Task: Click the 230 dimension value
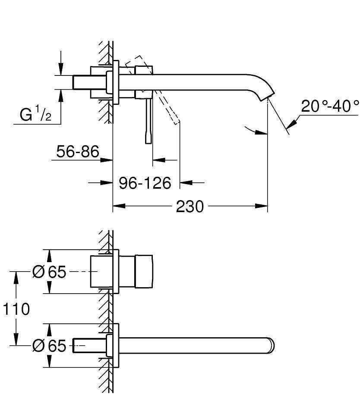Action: pyautogui.click(x=190, y=207)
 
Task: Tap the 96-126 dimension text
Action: pyautogui.click(x=145, y=183)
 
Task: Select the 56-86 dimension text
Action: pyautogui.click(x=78, y=151)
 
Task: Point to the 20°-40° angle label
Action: pyautogui.click(x=330, y=106)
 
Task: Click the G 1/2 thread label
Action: pyautogui.click(x=35, y=114)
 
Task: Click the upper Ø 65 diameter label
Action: pyautogui.click(x=49, y=272)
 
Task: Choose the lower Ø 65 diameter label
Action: pyautogui.click(x=49, y=346)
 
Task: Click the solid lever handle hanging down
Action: pyautogui.click(x=148, y=121)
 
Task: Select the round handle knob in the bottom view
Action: pyautogui.click(x=144, y=272)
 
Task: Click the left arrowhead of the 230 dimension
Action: pyautogui.click(x=119, y=206)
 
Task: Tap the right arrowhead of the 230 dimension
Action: pyautogui.click(x=261, y=206)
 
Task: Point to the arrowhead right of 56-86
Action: pyautogui.click(x=107, y=160)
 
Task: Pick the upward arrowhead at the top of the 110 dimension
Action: pyautogui.click(x=16, y=278)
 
